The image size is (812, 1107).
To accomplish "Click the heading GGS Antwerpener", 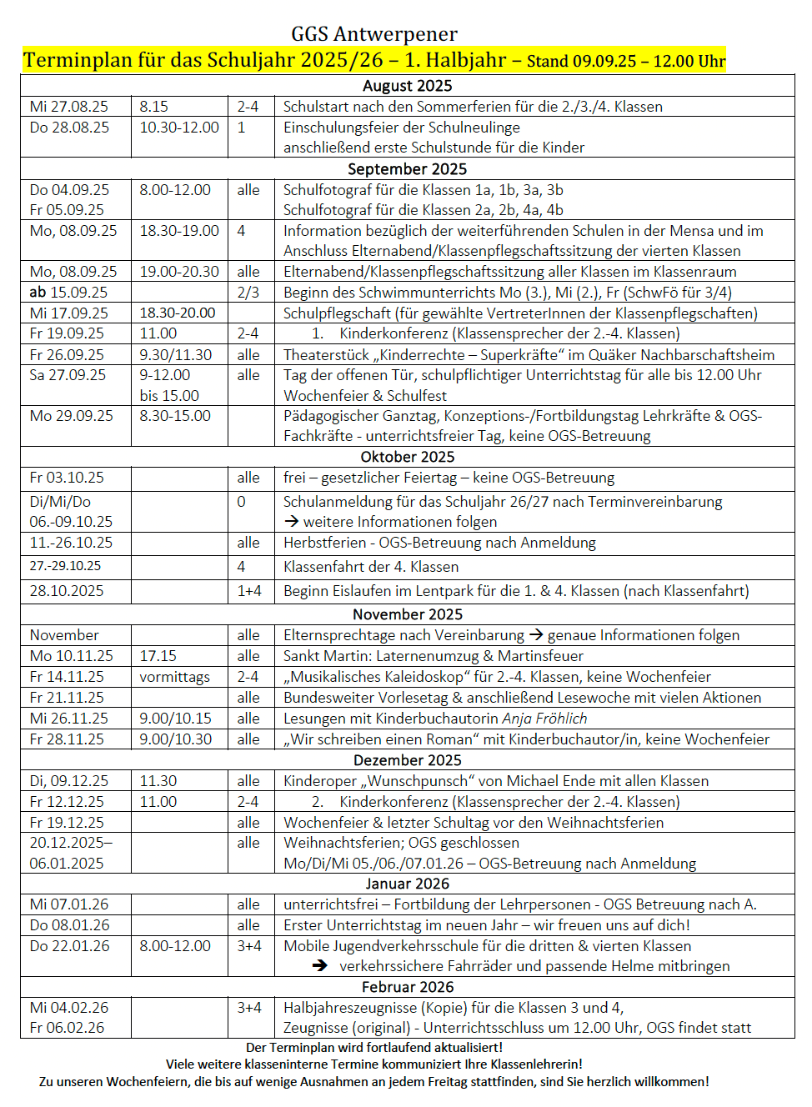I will point(373,34).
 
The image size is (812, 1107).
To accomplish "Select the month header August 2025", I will point(407,86).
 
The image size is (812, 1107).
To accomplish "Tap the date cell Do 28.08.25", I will point(69,128).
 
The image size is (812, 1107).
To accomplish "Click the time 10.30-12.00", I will point(179,128).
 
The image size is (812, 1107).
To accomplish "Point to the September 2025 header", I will point(407,169).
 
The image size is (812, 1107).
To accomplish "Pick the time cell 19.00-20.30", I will point(179,272).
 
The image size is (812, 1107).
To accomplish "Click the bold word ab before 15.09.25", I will point(38,293).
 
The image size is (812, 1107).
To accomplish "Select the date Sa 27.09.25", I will point(68,375).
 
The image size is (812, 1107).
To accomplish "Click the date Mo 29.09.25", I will point(71,416).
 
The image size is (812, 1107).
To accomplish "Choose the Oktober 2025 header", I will point(407,457).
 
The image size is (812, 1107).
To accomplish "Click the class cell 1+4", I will point(249,591).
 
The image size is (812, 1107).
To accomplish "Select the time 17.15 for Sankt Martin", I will point(158,656).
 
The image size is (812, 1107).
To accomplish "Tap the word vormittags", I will point(174,677).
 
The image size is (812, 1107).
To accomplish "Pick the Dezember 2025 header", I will point(407,760).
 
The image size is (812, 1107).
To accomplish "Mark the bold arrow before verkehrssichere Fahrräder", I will point(320,966).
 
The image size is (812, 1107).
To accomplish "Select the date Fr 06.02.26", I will point(67,1028).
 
